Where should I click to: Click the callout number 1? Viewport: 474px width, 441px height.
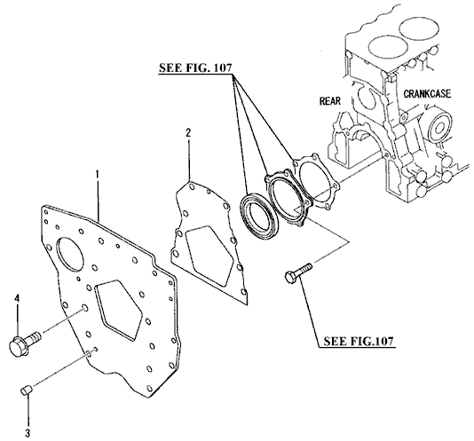[x=98, y=175]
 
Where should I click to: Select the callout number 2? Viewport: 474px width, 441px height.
[x=188, y=133]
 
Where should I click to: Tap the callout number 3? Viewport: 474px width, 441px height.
[x=28, y=433]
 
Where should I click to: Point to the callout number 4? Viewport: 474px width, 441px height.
[x=17, y=299]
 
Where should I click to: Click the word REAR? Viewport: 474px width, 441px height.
[x=330, y=100]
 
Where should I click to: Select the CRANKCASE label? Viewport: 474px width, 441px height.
[x=427, y=93]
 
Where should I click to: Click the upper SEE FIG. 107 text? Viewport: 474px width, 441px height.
[x=195, y=67]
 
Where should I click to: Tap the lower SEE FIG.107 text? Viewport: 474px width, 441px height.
[x=359, y=341]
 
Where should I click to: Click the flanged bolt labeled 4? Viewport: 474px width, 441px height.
[x=25, y=342]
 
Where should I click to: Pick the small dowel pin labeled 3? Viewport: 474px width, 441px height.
[x=27, y=390]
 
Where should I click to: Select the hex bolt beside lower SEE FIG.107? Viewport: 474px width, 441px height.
[x=298, y=273]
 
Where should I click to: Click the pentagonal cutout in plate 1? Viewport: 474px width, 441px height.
[x=118, y=311]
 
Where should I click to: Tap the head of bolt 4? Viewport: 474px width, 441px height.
[x=19, y=345]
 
